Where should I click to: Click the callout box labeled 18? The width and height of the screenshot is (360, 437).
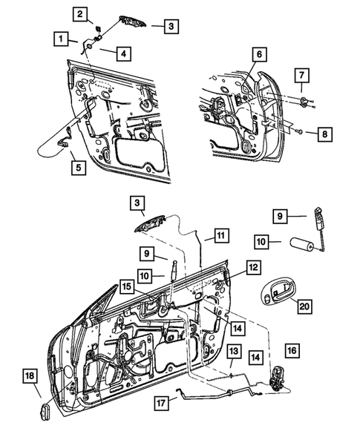click(28, 377)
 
